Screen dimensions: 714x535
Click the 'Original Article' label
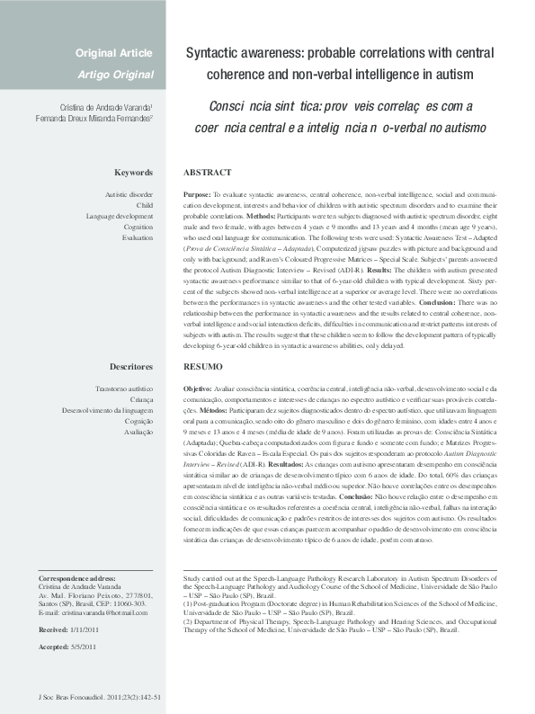coord(113,53)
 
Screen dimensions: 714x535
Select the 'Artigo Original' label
coord(115,74)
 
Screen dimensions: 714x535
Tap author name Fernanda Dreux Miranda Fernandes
coord(94,118)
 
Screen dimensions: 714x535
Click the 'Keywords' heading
coord(133,172)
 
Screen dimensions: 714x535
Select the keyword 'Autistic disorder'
coord(129,194)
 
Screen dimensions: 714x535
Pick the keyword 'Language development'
coord(120,216)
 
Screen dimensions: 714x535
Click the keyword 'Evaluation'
coord(138,237)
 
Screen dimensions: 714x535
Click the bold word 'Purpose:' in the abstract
coord(197,194)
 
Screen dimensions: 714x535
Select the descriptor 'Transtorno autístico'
coord(123,389)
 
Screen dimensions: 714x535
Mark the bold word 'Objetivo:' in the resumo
coord(199,389)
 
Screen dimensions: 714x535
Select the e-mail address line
coord(93,612)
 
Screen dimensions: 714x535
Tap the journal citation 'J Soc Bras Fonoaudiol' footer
coord(95,697)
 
